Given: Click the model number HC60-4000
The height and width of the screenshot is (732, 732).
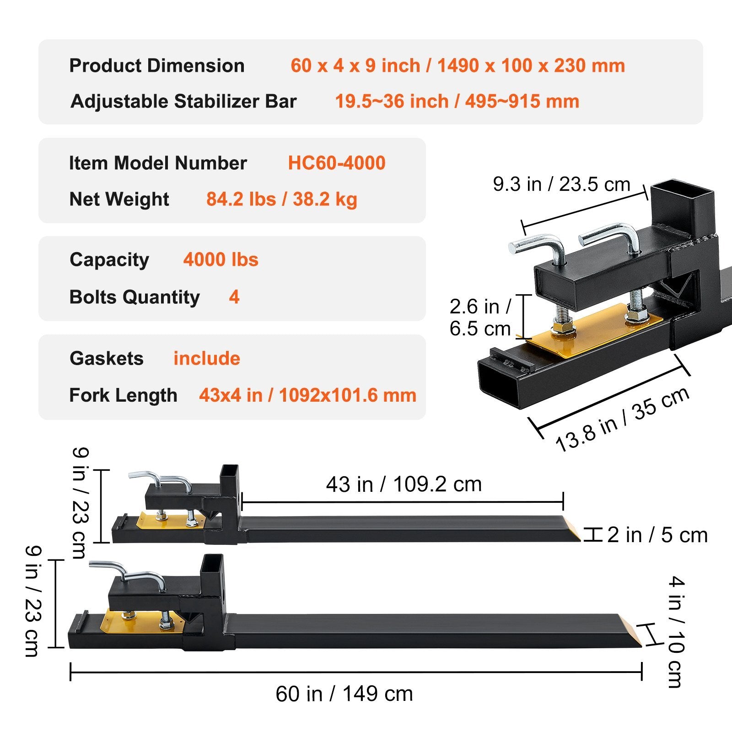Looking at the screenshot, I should click(x=336, y=163).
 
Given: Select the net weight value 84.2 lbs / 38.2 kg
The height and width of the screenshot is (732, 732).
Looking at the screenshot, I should click(x=281, y=199).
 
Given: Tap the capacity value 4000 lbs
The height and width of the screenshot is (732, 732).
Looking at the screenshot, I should click(x=221, y=260).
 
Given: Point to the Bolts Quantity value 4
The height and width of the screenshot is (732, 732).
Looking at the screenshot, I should click(x=234, y=297).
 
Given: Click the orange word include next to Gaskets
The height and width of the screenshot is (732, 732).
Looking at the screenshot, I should click(x=206, y=359).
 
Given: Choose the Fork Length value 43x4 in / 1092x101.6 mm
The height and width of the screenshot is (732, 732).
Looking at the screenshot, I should click(x=307, y=395).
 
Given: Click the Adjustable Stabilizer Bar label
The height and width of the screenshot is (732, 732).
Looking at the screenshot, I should click(x=183, y=101).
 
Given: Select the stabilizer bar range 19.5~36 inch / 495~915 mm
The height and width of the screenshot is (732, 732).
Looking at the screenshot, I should click(x=457, y=101).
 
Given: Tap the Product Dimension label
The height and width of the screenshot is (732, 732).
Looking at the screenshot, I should click(x=156, y=65).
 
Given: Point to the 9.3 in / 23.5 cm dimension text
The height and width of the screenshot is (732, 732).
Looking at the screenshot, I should click(x=561, y=184).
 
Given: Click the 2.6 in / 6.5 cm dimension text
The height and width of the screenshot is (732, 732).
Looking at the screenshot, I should click(x=480, y=318).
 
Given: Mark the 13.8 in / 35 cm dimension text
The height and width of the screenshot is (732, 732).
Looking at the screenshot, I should click(x=622, y=419).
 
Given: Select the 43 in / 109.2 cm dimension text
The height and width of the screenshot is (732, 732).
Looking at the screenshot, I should click(x=404, y=484).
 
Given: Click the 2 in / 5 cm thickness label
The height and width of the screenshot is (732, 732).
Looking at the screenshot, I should click(x=657, y=535).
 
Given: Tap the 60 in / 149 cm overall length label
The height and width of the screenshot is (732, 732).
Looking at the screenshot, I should click(x=344, y=694).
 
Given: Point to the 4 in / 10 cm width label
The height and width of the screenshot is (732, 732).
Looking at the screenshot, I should click(x=676, y=632).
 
